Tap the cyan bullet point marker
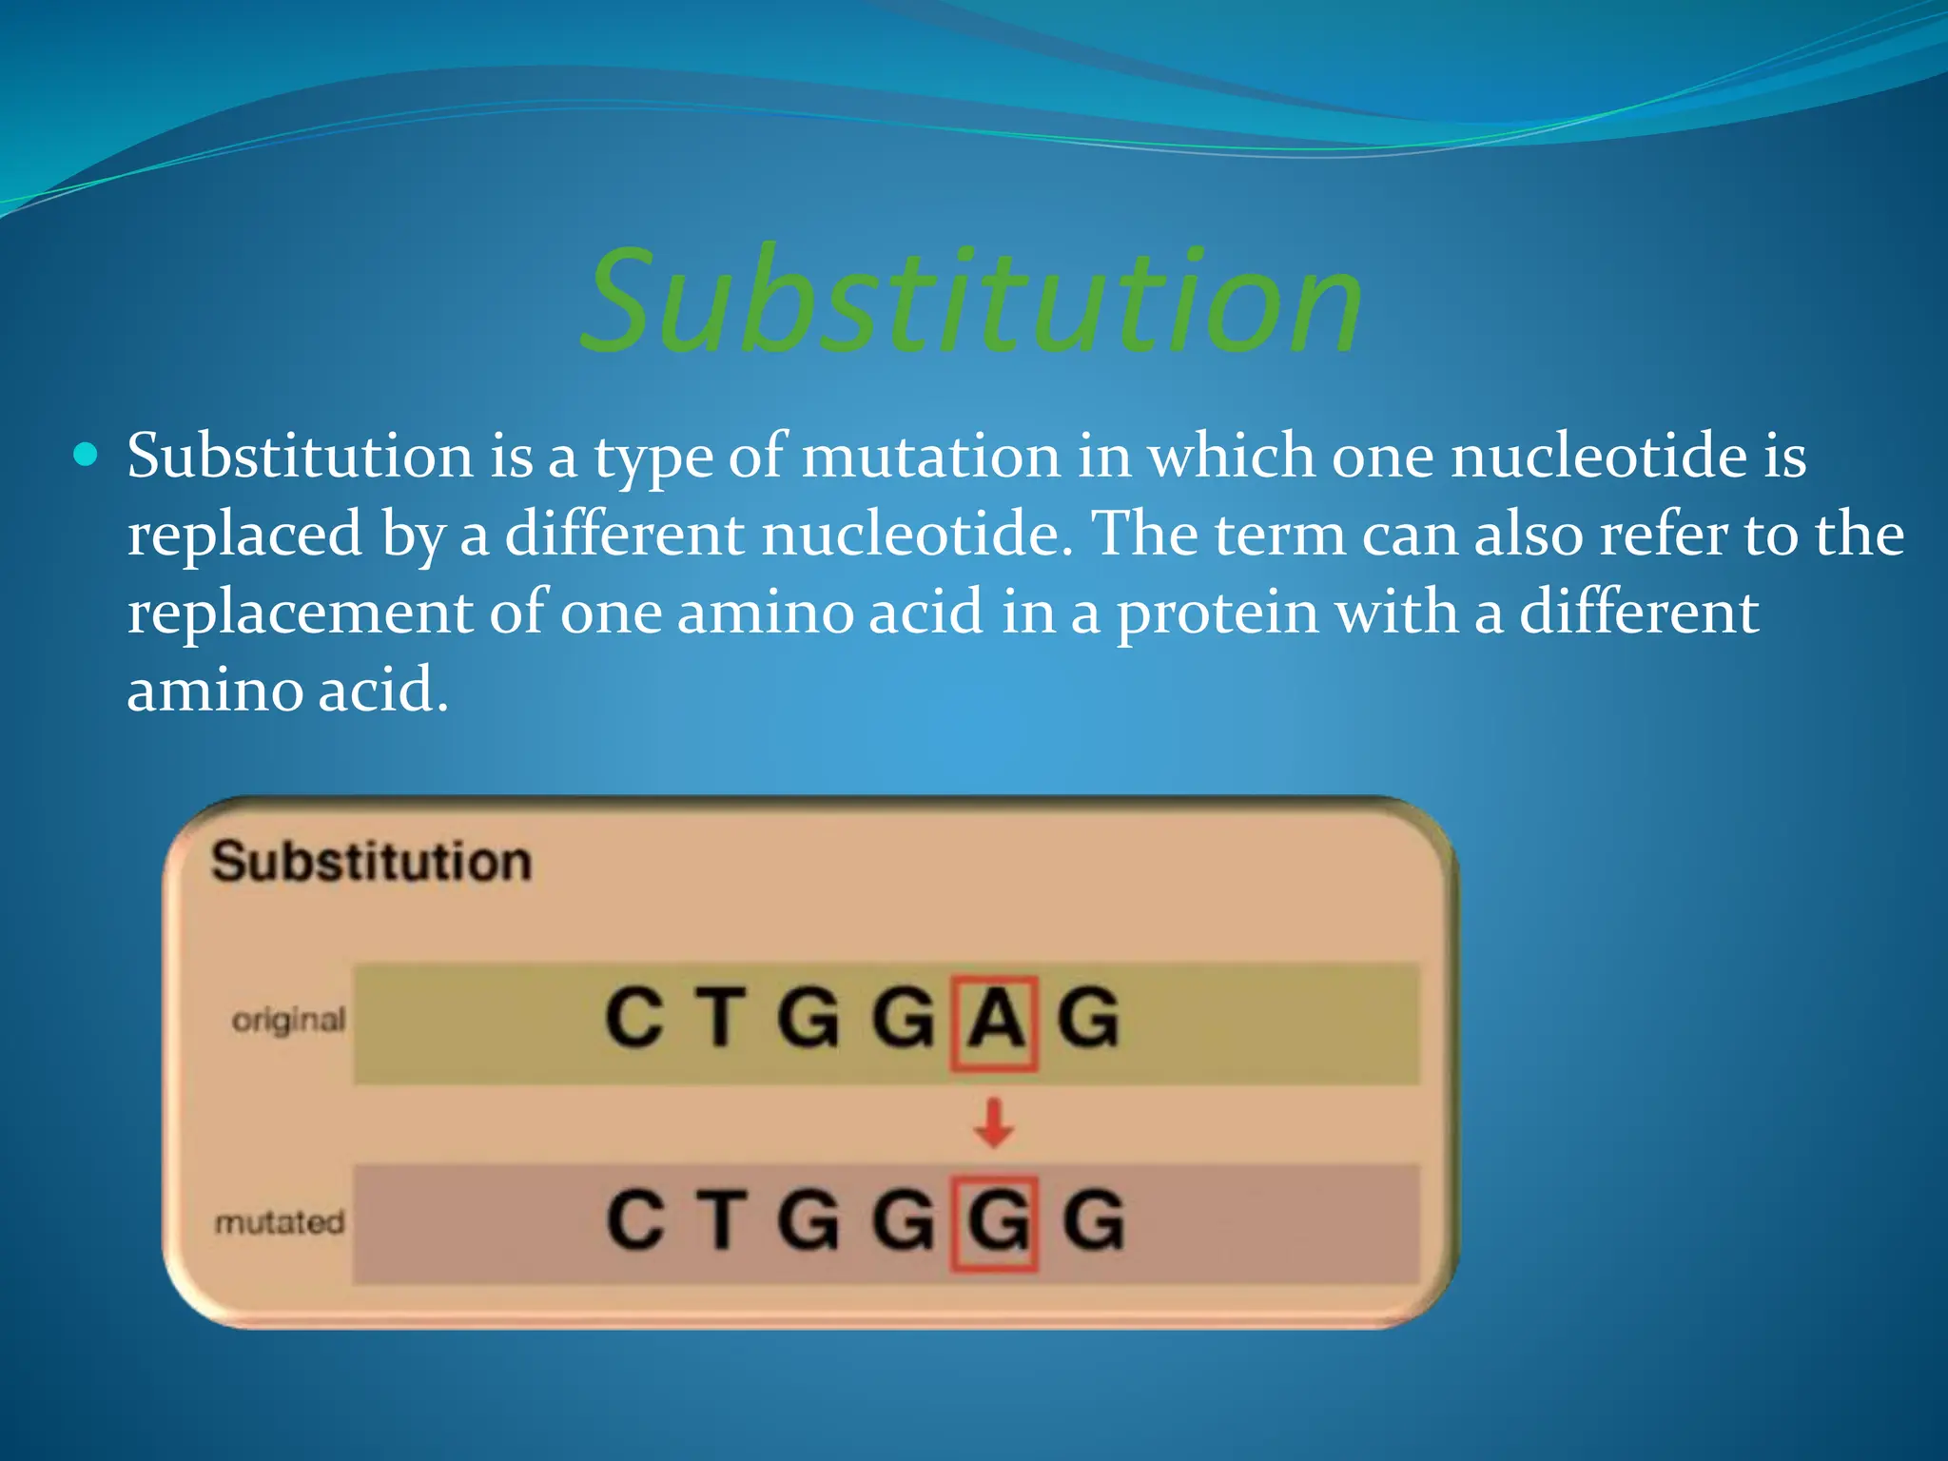86,455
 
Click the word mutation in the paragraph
930,457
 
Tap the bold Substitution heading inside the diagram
371,862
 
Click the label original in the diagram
289,1021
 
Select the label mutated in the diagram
280,1222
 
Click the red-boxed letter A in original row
994,1021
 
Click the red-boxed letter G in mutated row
995,1222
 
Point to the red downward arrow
994,1123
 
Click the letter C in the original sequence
633,1019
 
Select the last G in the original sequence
1088,1019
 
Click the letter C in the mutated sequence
634,1220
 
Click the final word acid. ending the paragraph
382,691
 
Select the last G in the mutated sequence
1093,1220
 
